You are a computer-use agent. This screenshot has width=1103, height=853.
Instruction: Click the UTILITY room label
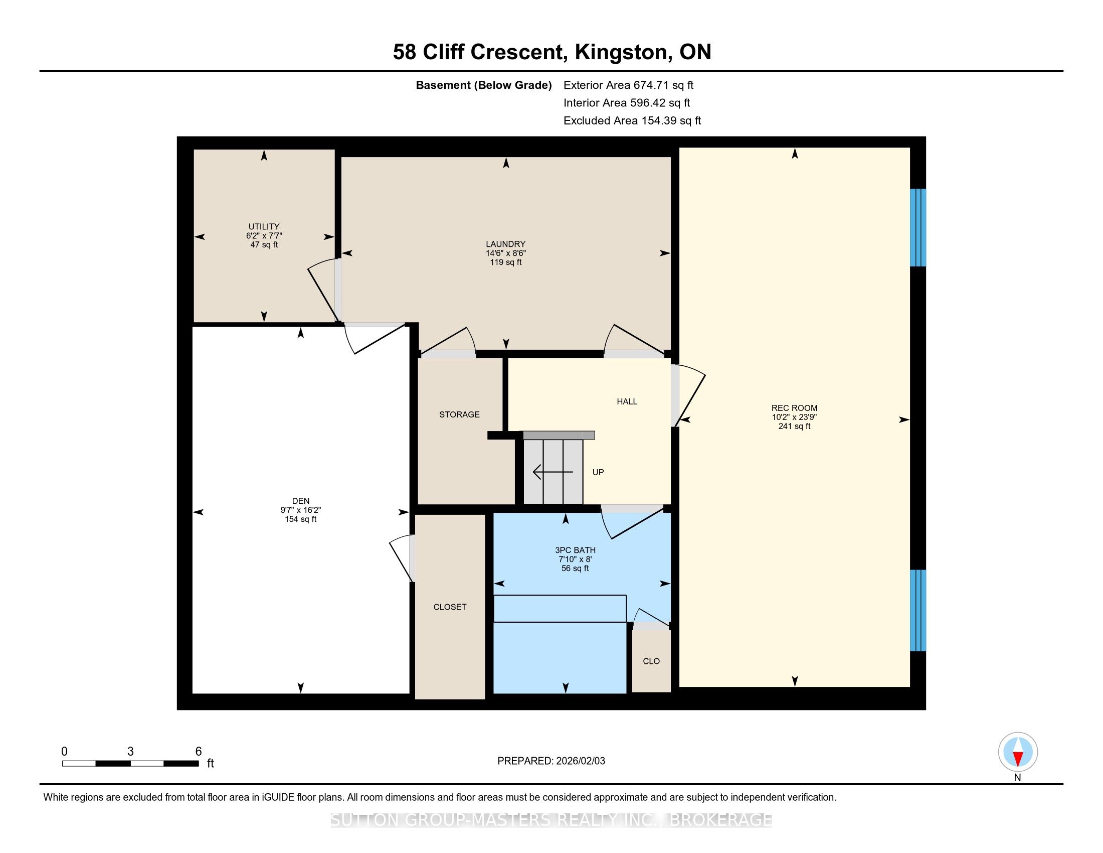[264, 226]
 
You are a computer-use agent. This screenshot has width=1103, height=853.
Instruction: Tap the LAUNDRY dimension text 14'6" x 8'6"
[505, 253]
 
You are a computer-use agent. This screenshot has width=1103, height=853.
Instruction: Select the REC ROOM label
[794, 408]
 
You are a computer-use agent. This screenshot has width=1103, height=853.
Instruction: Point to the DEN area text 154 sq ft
[300, 519]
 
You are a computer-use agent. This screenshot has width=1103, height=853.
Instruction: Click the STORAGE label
[459, 414]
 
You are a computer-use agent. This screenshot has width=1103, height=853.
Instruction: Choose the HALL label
[627, 401]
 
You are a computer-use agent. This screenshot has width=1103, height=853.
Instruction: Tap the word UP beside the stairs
[598, 472]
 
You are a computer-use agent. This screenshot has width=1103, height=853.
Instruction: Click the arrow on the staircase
[553, 472]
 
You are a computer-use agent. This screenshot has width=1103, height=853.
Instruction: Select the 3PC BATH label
[575, 550]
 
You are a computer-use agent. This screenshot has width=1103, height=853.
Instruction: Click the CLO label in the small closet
[651, 661]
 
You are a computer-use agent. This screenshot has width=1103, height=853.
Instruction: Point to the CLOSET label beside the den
[450, 607]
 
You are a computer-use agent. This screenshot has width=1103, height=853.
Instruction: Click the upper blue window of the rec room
[917, 227]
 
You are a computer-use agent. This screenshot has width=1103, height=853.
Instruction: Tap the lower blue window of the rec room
[917, 611]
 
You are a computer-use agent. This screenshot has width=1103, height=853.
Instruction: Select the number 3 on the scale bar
[130, 752]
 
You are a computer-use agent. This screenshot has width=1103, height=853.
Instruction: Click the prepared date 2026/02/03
[580, 761]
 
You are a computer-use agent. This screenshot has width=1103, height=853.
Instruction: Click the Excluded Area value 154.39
[659, 120]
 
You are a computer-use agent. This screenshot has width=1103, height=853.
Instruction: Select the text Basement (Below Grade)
[483, 85]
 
